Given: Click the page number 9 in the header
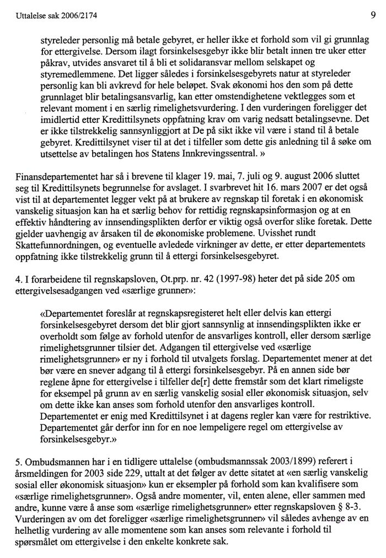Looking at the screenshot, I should [373, 8].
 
